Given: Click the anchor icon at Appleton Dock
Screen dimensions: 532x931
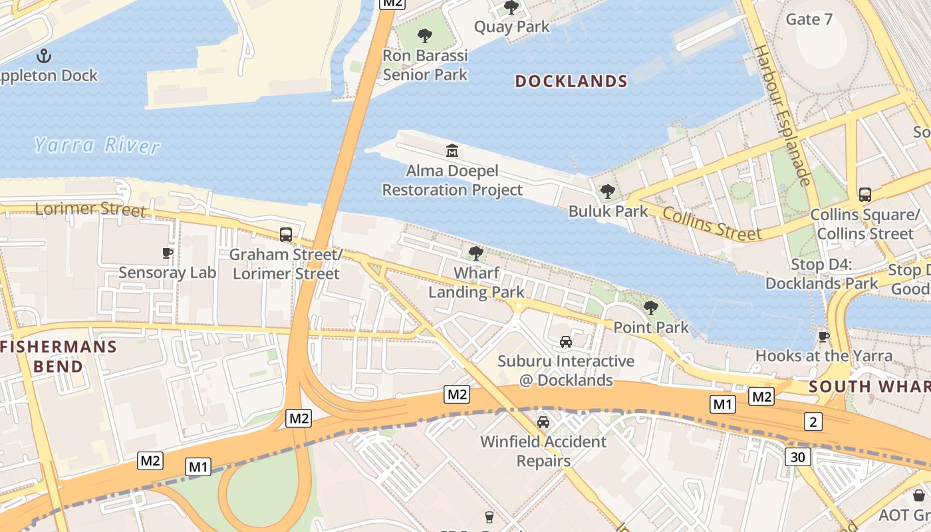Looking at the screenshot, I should (x=45, y=55).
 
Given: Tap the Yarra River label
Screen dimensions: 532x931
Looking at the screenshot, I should (x=97, y=145).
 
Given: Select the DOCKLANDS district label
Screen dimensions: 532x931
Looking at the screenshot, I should (x=571, y=81).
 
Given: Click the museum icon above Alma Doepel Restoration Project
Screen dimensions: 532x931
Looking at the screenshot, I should (x=452, y=150).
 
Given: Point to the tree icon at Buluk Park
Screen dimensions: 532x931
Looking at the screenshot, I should (x=607, y=192).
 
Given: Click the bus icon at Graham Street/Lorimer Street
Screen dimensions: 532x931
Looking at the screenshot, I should (x=286, y=234).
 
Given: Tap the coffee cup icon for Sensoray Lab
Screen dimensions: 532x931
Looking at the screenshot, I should (x=168, y=253).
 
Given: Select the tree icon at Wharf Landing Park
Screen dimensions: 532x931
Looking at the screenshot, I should (x=475, y=253).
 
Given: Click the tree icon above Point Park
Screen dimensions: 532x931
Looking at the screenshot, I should (x=651, y=307).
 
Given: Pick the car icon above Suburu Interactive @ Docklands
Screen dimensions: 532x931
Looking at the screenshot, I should (x=566, y=341).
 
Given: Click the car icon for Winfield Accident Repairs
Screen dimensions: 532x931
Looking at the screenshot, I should (x=543, y=422).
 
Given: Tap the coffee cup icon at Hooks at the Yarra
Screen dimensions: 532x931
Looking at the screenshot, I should (x=824, y=336).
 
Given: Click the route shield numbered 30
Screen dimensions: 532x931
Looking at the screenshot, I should (x=797, y=456).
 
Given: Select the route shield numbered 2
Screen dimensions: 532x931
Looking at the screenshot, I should (x=813, y=421).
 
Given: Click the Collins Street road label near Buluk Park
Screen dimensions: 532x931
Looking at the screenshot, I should (x=712, y=225).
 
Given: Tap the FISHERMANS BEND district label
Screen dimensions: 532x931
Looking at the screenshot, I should (x=59, y=356).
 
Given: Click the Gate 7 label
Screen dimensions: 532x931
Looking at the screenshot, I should (x=809, y=19).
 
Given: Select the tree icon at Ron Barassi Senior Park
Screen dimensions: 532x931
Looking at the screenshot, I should (x=425, y=35).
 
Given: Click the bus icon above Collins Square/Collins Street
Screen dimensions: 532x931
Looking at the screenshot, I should (x=864, y=194).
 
